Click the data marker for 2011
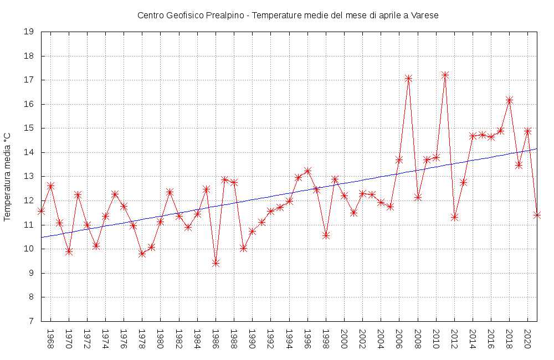coord(445,75)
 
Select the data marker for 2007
coord(408,78)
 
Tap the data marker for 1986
coord(216,263)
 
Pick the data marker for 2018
coord(509,100)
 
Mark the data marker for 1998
coord(326,235)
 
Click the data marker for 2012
coord(454,217)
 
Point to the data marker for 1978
coord(142,254)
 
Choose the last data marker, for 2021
coord(537,215)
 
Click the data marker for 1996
coord(307,171)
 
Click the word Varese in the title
coord(425,16)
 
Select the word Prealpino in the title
coord(225,16)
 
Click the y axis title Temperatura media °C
coord(8,177)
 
